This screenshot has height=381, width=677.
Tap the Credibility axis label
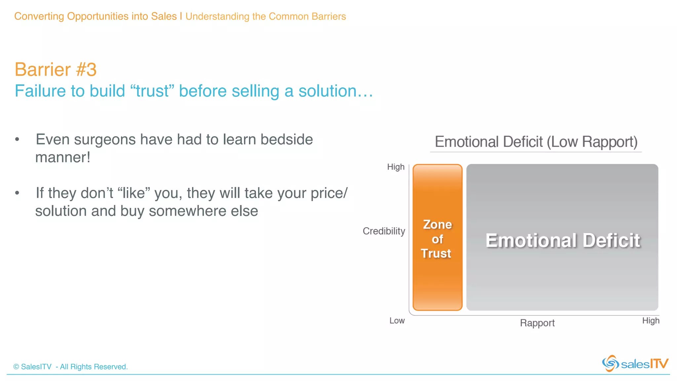pos(384,231)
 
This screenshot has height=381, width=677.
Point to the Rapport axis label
pos(537,323)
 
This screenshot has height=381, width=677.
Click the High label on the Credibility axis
pos(396,167)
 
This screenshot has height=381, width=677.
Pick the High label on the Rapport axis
pos(651,320)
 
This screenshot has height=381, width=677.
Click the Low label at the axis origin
pos(397,320)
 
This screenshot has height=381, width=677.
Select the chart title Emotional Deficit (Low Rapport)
pos(536,142)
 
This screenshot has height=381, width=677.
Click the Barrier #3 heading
pos(56,69)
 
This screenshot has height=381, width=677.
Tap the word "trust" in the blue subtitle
pos(152,91)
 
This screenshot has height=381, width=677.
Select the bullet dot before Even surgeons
pos(17,140)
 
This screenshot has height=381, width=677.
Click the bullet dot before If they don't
pos(17,193)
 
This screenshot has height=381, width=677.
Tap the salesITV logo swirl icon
pos(610,363)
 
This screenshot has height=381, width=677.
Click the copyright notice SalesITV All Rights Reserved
pos(70,367)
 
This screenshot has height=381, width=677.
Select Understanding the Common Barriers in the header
pos(265,17)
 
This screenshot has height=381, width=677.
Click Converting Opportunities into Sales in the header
pos(96,16)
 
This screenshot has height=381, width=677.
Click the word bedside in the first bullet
pos(286,140)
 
